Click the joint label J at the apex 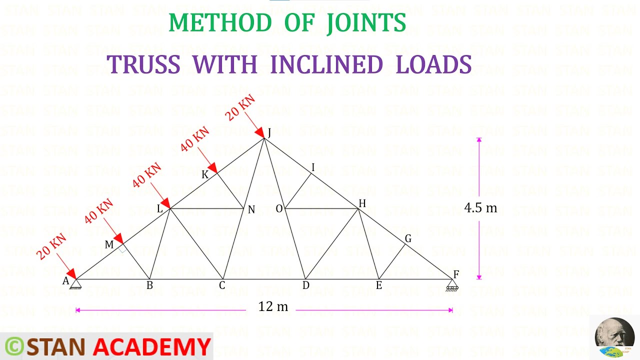[x=269, y=132]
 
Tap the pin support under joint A [x=75, y=284]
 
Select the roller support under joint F [x=452, y=285]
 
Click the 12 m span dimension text [x=273, y=306]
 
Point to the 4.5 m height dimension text [x=480, y=207]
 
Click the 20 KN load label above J [x=240, y=107]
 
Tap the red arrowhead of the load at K [x=212, y=167]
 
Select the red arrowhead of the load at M [x=118, y=238]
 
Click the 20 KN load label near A [x=51, y=246]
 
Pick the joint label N [x=251, y=209]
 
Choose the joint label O [x=279, y=209]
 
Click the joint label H [x=362, y=203]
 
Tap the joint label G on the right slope [x=408, y=238]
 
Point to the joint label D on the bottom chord [x=305, y=285]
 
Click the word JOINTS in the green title [x=366, y=23]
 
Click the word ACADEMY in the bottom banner [x=152, y=346]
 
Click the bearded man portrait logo [x=614, y=333]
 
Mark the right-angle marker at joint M [x=122, y=249]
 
